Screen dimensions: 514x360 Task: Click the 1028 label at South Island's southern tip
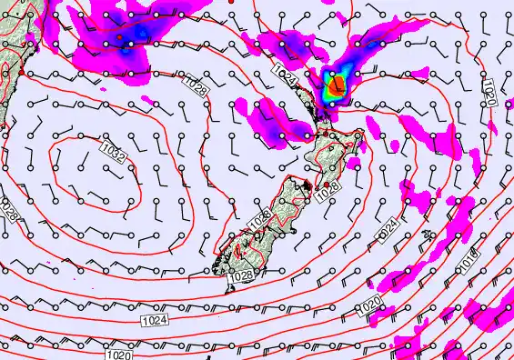pyautogui.click(x=242, y=275)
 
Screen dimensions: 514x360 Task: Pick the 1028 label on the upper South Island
pyautogui.click(x=260, y=218)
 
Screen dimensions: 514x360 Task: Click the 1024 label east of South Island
pyautogui.click(x=388, y=224)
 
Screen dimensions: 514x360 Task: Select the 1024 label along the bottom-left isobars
pyautogui.click(x=155, y=320)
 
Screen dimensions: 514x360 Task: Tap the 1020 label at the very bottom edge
pyautogui.click(x=118, y=355)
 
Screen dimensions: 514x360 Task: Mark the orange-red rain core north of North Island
pyautogui.click(x=337, y=86)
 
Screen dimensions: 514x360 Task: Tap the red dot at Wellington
pyautogui.click(x=327, y=185)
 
